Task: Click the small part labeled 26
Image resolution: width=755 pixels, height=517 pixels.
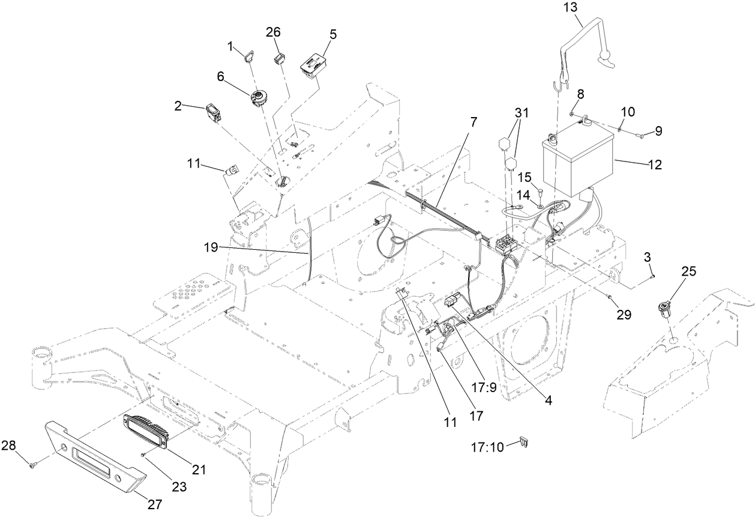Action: pyautogui.click(x=278, y=58)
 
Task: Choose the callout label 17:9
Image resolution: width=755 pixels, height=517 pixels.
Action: pyautogui.click(x=484, y=388)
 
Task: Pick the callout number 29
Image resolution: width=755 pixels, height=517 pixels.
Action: pyautogui.click(x=624, y=314)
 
